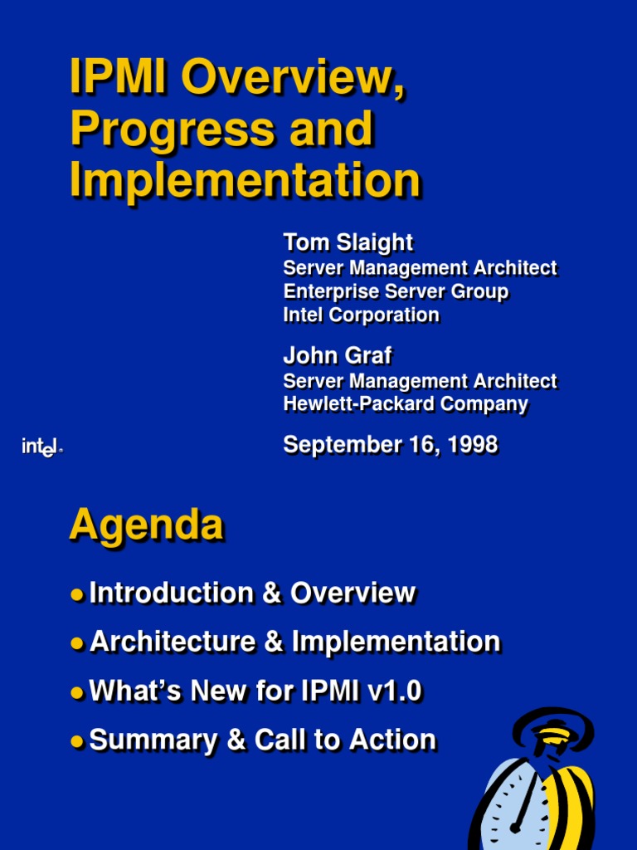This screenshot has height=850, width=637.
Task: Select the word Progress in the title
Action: (170, 130)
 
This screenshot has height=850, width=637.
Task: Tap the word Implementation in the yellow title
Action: (245, 180)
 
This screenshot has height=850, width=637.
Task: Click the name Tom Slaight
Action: (348, 242)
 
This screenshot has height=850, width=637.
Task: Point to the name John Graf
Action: (337, 356)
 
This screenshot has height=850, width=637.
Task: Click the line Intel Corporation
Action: (361, 315)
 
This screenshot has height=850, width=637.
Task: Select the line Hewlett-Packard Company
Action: (406, 404)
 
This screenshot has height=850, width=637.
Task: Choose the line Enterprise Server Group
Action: (396, 292)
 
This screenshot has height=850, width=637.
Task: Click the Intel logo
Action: (41, 447)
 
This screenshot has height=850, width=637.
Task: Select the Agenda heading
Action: (146, 525)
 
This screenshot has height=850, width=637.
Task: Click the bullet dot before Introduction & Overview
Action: (77, 594)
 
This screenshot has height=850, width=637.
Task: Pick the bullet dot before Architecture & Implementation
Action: (77, 643)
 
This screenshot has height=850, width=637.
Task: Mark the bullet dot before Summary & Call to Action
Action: (77, 741)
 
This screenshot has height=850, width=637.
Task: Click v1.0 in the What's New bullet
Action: (393, 691)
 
